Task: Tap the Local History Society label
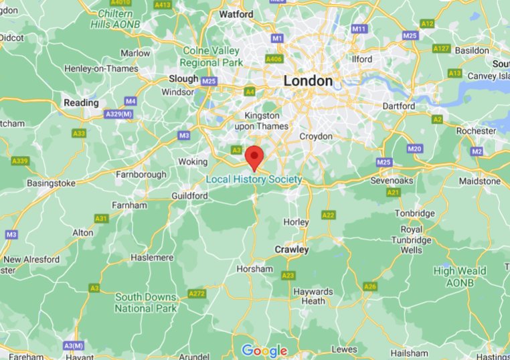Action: pyautogui.click(x=254, y=179)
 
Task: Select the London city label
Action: pyautogui.click(x=308, y=81)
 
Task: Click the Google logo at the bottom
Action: pyautogui.click(x=264, y=351)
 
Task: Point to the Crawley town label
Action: pyautogui.click(x=292, y=250)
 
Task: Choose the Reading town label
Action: pyautogui.click(x=80, y=103)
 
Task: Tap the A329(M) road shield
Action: pyautogui.click(x=118, y=115)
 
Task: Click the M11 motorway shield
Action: pyautogui.click(x=359, y=29)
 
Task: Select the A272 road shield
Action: pyautogui.click(x=197, y=293)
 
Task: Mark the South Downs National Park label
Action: pyautogui.click(x=146, y=302)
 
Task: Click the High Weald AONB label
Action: pyautogui.click(x=462, y=276)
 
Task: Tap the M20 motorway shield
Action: pyautogui.click(x=414, y=149)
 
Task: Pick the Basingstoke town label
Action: pyautogui.click(x=51, y=183)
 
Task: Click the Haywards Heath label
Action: pyautogui.click(x=314, y=296)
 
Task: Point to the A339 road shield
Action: pyautogui.click(x=19, y=161)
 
